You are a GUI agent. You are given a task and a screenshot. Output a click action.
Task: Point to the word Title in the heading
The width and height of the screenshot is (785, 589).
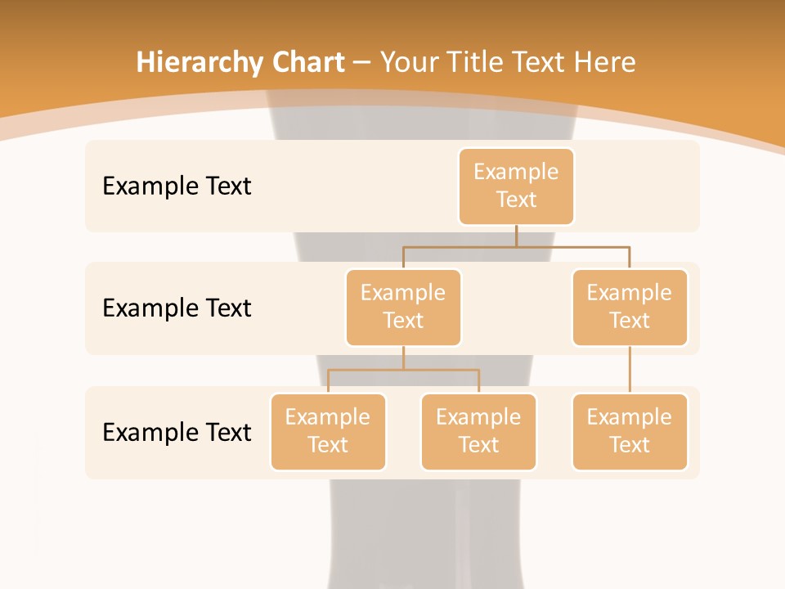[x=476, y=63]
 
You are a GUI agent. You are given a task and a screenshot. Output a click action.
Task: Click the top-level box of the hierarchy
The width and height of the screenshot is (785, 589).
[x=516, y=186]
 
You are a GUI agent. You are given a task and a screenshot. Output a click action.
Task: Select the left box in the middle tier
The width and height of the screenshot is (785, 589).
[x=403, y=307]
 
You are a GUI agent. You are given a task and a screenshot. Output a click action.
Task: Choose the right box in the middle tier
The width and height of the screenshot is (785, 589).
[x=630, y=307]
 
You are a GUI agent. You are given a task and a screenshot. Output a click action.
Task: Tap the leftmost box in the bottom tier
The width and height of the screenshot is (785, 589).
[x=328, y=431]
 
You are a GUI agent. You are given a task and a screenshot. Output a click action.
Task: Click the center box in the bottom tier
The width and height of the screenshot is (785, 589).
[x=478, y=431]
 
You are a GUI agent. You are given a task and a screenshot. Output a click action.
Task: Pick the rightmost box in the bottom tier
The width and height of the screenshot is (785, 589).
[x=630, y=431]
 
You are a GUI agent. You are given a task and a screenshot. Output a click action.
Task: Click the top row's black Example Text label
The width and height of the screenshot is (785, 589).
[x=177, y=186]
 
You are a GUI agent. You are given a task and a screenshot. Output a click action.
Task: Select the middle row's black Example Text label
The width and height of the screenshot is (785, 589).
[x=177, y=308]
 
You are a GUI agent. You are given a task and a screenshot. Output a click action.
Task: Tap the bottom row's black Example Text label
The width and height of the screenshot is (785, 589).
[x=177, y=432]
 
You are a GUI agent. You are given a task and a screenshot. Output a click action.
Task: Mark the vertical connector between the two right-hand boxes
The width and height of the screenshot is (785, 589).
[x=630, y=370]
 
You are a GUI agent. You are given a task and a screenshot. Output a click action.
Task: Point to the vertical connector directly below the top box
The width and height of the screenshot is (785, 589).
[x=516, y=236]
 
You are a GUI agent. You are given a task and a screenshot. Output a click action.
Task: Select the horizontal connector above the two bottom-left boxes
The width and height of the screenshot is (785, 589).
[x=403, y=370]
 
